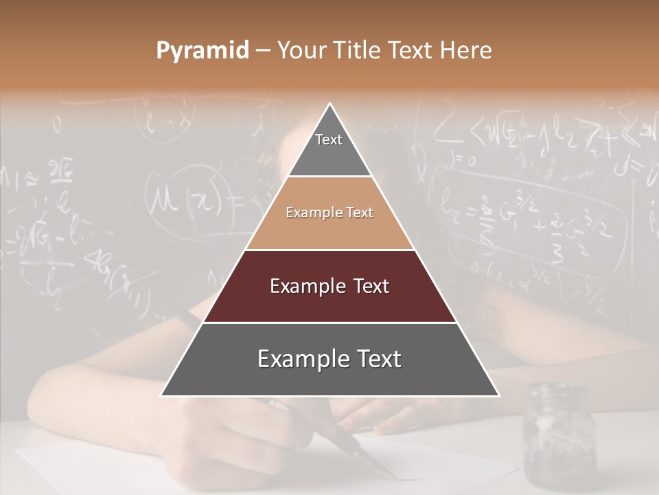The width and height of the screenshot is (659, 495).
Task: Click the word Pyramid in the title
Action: coord(203,51)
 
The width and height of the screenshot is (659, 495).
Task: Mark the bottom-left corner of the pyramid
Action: coord(162,395)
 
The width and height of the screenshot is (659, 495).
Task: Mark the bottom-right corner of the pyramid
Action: coord(498,395)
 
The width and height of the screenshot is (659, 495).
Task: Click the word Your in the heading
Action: coord(300,51)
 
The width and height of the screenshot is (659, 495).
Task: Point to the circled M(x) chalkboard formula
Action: coord(185,199)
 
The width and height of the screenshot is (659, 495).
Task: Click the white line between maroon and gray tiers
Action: coord(329,322)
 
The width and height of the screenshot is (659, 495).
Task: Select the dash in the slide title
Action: coord(263,51)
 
